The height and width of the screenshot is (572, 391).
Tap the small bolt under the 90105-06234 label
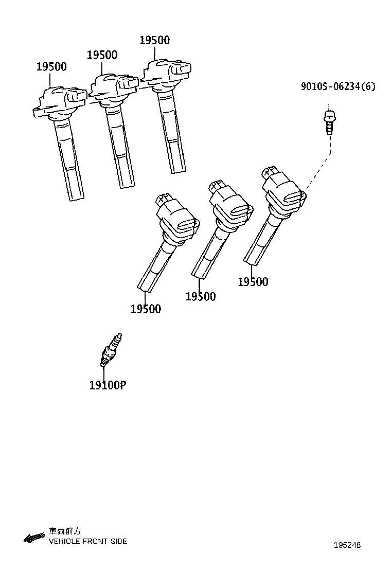(x=329, y=122)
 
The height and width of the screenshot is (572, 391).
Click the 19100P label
(x=108, y=385)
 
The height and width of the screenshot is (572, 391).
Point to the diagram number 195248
(x=347, y=545)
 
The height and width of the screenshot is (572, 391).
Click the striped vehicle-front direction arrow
(x=34, y=538)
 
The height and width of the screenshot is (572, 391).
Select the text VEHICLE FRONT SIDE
(x=87, y=541)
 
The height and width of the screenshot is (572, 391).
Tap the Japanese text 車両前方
(x=64, y=531)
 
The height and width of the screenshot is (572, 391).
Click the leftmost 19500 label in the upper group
(x=51, y=67)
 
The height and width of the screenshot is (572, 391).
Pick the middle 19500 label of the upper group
(x=102, y=55)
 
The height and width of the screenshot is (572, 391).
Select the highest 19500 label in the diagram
(x=155, y=40)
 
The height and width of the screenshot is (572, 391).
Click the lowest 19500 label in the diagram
(x=146, y=309)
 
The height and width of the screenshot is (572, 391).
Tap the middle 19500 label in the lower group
(x=201, y=296)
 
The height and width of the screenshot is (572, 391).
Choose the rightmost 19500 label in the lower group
(x=253, y=282)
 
